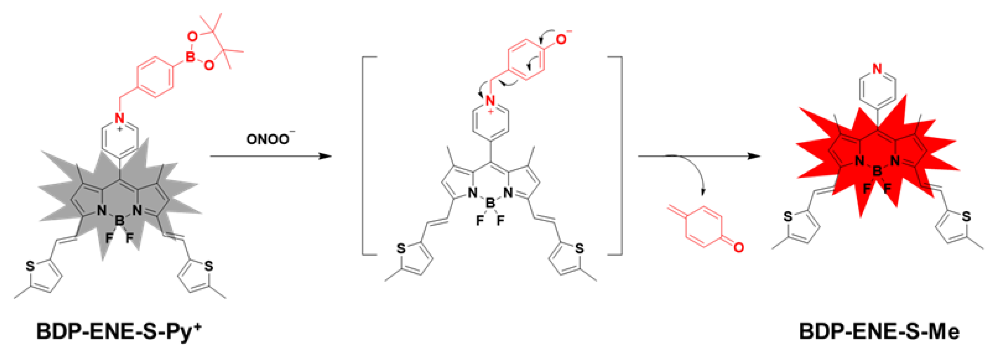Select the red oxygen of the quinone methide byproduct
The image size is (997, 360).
[x=738, y=247]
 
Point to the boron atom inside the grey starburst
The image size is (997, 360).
[x=119, y=221]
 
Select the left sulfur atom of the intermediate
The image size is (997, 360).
[x=401, y=249]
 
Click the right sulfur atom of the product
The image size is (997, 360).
[x=966, y=216]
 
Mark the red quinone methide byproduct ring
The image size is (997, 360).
[x=704, y=227]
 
